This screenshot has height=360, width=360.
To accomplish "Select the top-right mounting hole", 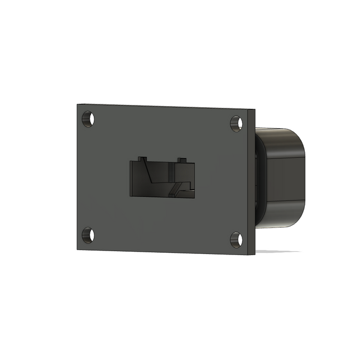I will (236, 123).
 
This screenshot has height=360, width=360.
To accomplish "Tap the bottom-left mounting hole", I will (88, 235).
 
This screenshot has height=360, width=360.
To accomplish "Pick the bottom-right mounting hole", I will (236, 239).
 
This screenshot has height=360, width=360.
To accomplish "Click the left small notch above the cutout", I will (142, 160).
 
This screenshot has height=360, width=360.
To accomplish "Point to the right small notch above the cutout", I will (180, 160).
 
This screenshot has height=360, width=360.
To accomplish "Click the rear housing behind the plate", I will (282, 179).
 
